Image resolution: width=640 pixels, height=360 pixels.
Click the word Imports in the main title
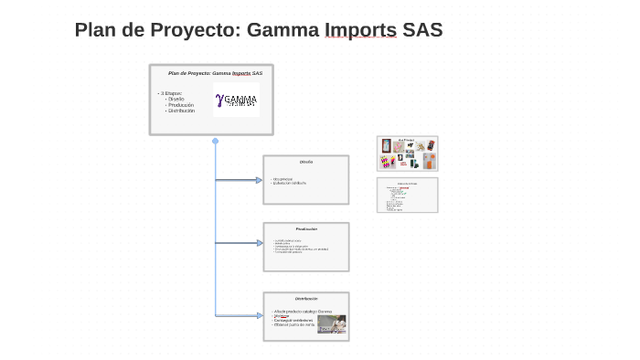[360, 30]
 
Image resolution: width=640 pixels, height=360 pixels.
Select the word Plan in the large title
[95, 30]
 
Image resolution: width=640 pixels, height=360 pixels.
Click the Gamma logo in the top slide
[236, 100]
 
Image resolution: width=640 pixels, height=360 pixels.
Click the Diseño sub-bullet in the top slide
[176, 99]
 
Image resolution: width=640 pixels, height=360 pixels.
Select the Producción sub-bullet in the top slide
[181, 105]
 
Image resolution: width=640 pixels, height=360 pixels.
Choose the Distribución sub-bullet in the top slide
[182, 111]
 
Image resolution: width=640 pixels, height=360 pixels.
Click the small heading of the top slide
[215, 72]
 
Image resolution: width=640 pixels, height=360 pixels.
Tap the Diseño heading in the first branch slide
[305, 162]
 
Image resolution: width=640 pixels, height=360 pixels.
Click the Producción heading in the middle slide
[305, 228]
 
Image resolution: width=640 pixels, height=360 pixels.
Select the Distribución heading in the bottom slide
[305, 299]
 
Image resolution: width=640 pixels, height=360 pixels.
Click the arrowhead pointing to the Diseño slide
[259, 180]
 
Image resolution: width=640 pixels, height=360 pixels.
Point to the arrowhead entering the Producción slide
[259, 243]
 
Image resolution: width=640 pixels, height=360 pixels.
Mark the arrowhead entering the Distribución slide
[259, 315]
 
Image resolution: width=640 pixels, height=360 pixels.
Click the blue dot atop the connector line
[215, 141]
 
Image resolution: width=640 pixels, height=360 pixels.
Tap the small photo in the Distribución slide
[331, 323]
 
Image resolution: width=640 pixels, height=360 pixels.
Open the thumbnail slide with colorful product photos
[407, 154]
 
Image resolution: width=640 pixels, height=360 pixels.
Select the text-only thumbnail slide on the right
[407, 195]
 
